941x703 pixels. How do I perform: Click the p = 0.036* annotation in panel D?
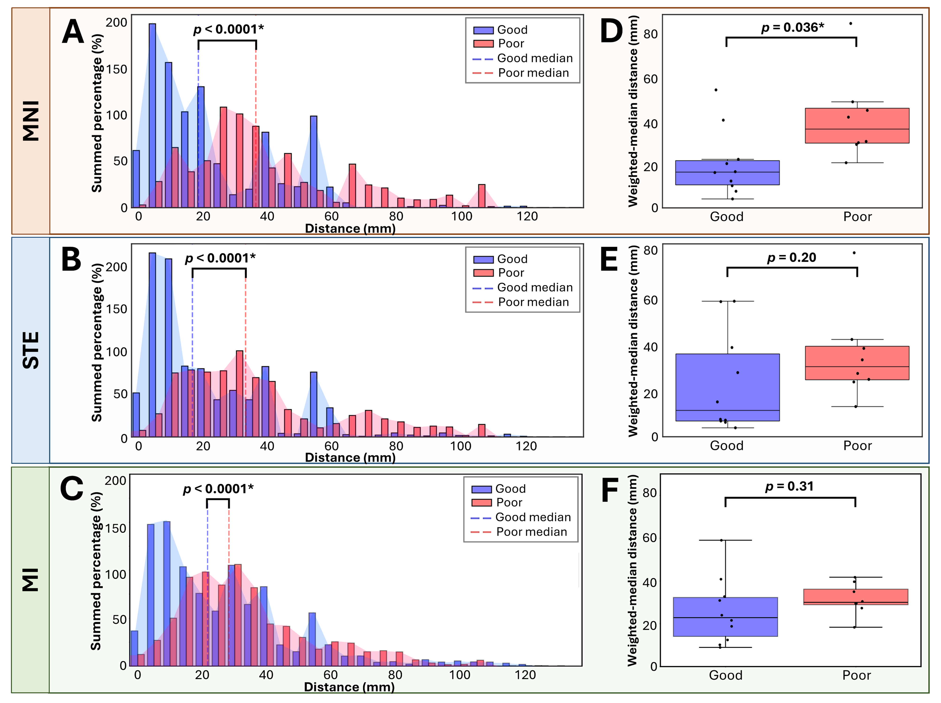point(792,28)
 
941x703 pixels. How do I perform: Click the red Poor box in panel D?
point(857,126)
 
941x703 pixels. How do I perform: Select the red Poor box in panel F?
point(855,597)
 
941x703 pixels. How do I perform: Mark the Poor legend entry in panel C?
point(509,503)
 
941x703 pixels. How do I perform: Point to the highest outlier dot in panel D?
point(850,23)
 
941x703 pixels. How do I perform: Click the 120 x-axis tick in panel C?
point(525,675)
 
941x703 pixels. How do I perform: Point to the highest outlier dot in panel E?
point(854,253)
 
